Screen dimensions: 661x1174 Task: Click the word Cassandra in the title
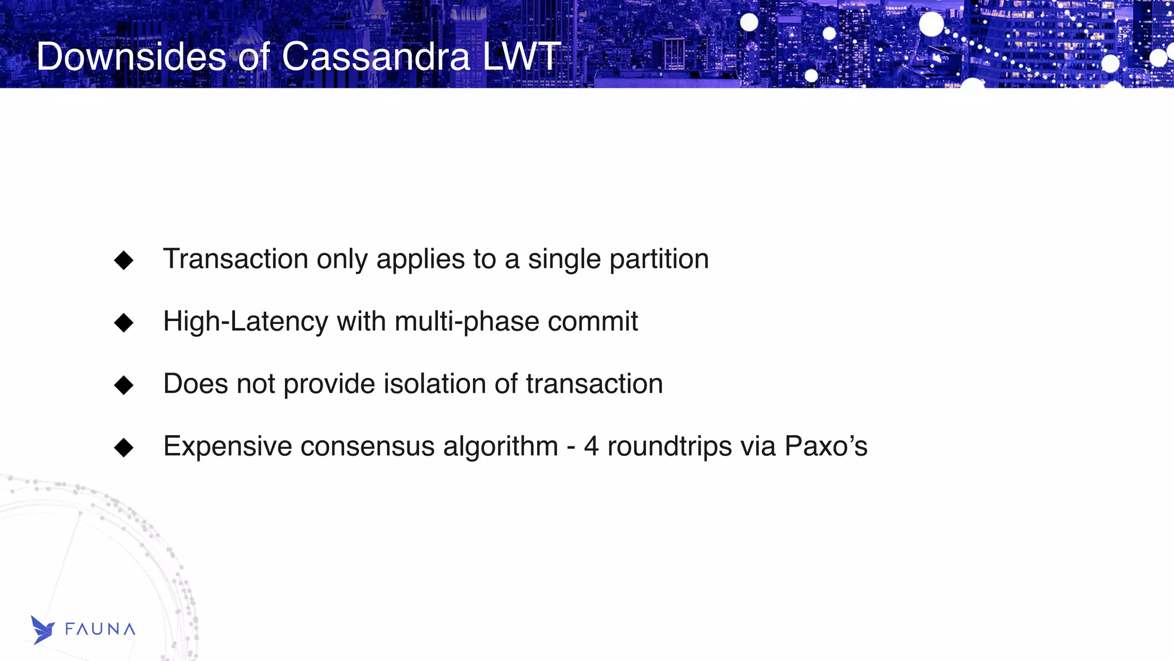point(375,57)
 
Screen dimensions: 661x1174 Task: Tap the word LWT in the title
point(521,57)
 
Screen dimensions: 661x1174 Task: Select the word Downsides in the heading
point(132,57)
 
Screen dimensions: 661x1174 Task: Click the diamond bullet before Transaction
point(124,260)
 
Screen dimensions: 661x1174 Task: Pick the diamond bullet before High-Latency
point(124,323)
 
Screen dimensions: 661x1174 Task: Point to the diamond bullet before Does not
point(124,385)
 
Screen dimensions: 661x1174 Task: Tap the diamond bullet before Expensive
point(124,448)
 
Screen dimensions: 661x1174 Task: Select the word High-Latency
point(245,322)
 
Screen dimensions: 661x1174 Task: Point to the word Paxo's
point(825,446)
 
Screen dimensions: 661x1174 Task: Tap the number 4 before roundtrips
point(591,446)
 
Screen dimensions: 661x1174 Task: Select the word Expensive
point(227,447)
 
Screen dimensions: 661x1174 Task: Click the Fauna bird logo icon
point(42,629)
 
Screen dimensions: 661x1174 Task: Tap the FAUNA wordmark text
point(100,629)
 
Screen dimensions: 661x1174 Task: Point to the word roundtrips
point(669,447)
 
